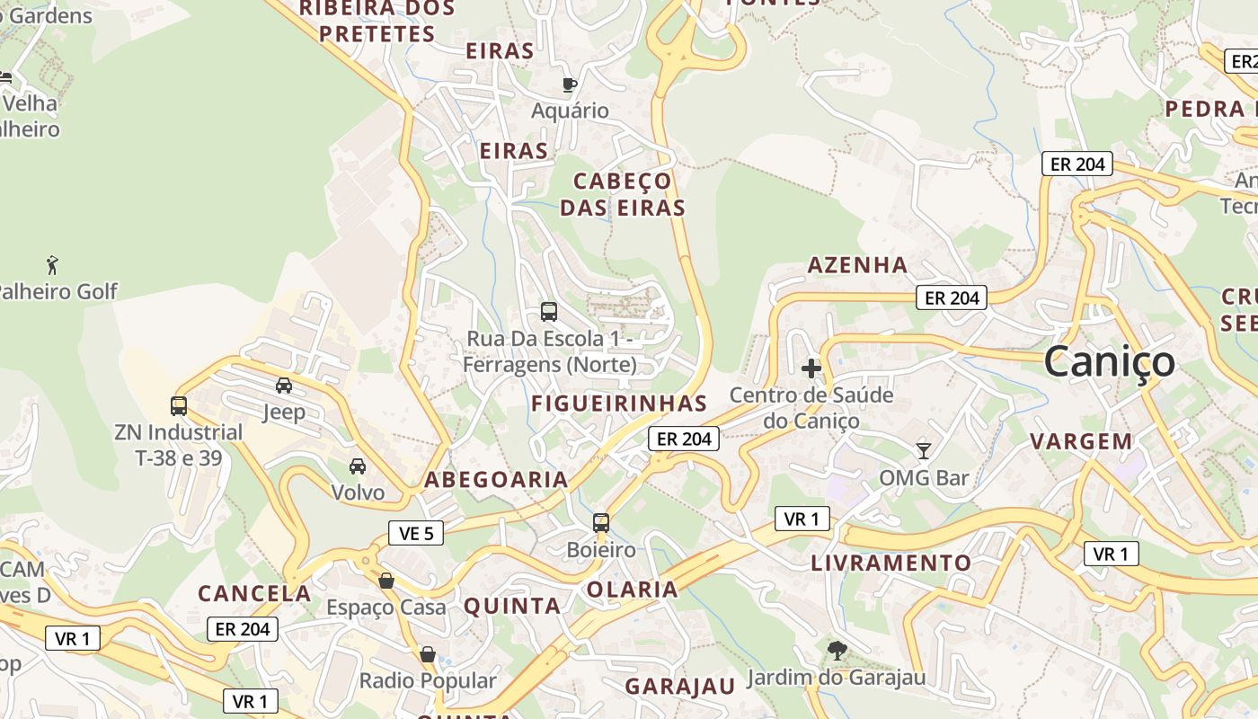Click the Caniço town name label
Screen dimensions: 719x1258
click(1109, 361)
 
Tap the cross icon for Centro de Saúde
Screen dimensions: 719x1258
click(811, 368)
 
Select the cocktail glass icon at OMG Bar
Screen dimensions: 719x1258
click(923, 450)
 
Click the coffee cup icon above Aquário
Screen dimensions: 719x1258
click(569, 84)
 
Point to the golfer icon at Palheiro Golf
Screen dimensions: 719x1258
click(52, 265)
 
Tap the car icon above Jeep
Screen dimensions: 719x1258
click(284, 386)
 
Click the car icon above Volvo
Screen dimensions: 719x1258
click(358, 466)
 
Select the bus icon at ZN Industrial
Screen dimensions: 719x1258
click(179, 406)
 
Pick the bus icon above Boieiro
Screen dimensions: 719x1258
click(601, 523)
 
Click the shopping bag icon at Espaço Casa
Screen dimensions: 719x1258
click(386, 581)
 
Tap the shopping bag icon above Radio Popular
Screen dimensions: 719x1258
click(428, 654)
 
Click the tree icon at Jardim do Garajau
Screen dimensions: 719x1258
click(837, 650)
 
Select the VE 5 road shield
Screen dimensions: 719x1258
click(416, 533)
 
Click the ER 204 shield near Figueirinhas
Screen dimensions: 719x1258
click(684, 439)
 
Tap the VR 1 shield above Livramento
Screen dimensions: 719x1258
click(802, 519)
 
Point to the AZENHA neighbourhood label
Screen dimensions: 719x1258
click(857, 265)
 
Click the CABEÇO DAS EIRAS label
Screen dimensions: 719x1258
click(623, 194)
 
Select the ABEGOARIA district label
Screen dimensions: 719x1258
click(496, 480)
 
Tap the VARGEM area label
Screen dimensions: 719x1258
click(1081, 441)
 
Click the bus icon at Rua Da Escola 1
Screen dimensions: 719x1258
click(549, 312)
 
